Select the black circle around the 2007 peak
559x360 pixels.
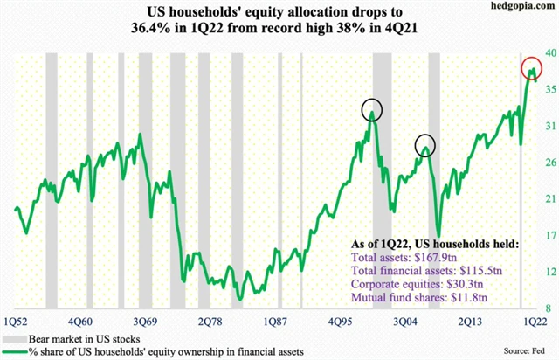[x=425, y=145]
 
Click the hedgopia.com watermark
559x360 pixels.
[x=523, y=8]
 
